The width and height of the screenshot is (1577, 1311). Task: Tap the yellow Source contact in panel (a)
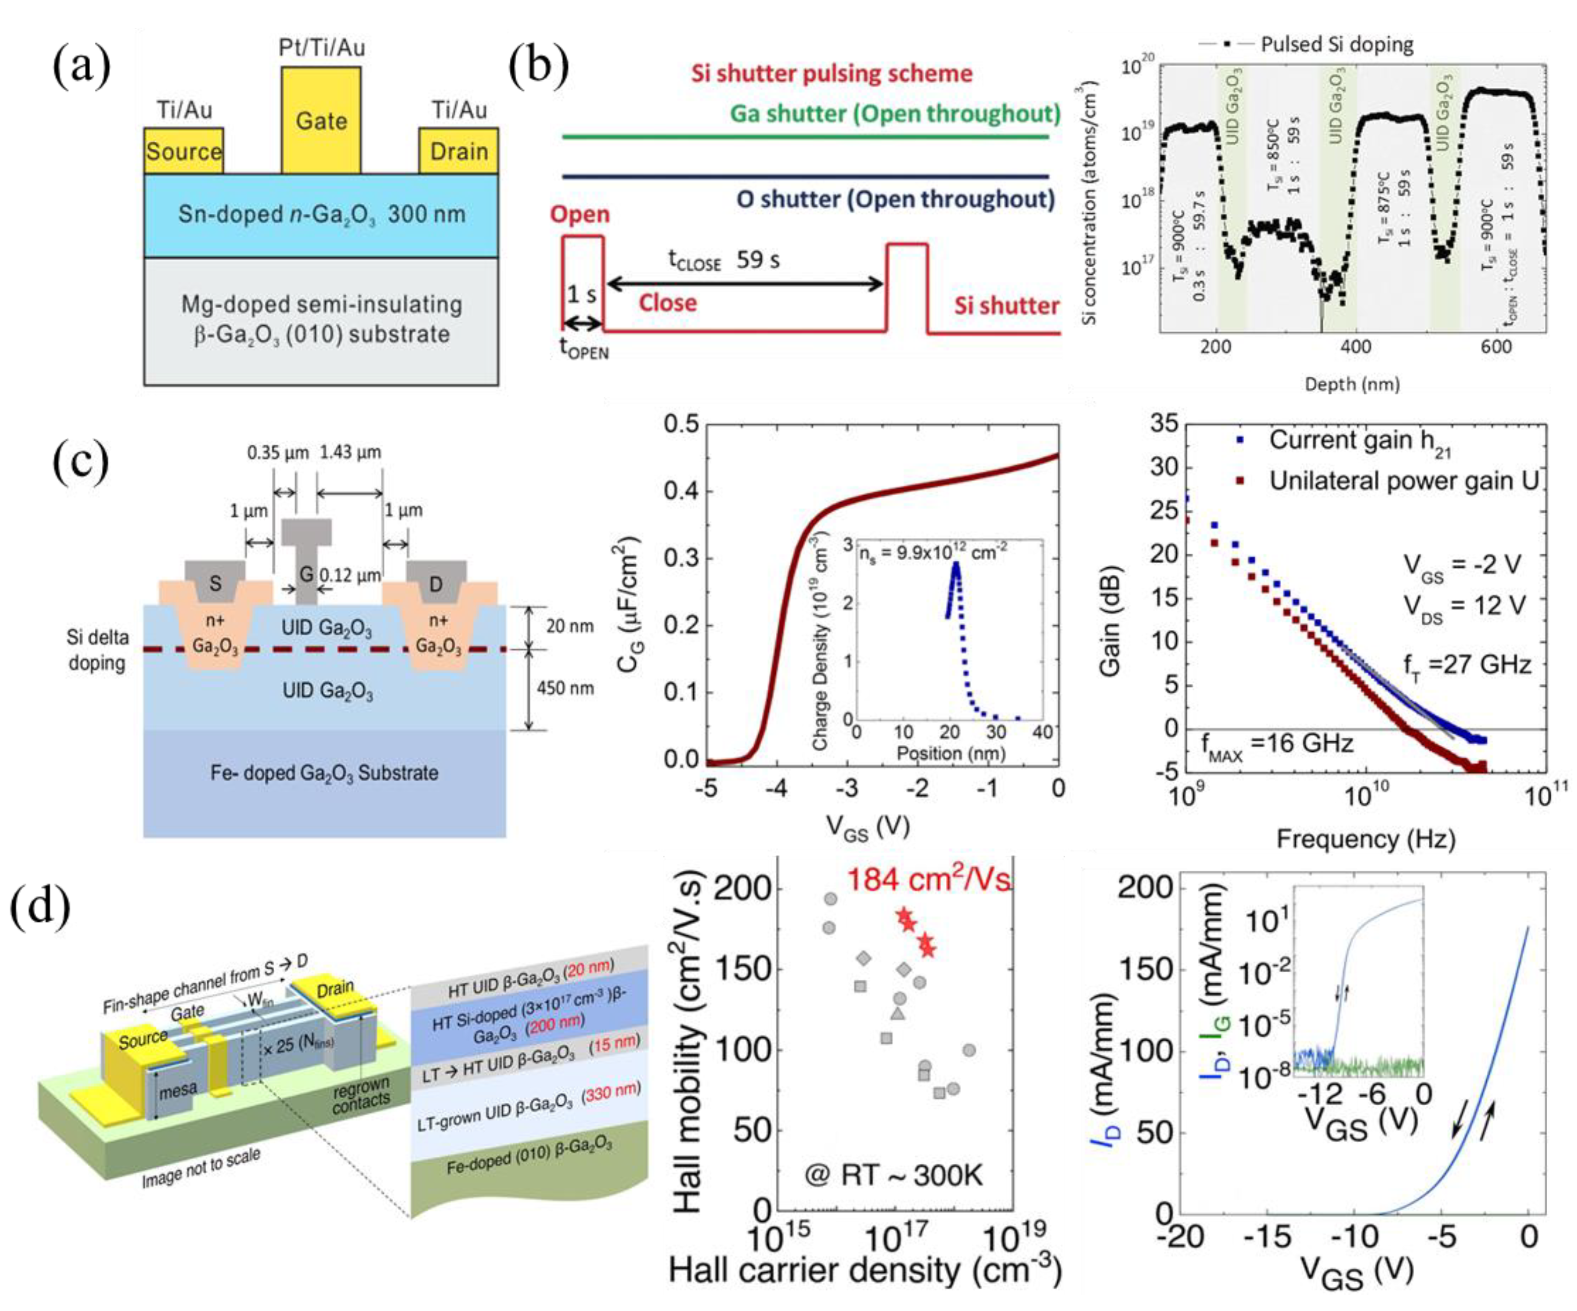tap(183, 151)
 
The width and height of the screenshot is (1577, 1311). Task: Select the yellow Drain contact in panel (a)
tap(458, 151)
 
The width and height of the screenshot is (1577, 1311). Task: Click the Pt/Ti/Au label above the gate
tap(322, 48)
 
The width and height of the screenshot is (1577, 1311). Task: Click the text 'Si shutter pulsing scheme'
tap(831, 74)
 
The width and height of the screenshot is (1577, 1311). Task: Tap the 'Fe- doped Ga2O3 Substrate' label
tap(324, 772)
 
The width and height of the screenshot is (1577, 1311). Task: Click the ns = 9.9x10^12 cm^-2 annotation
tap(931, 553)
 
